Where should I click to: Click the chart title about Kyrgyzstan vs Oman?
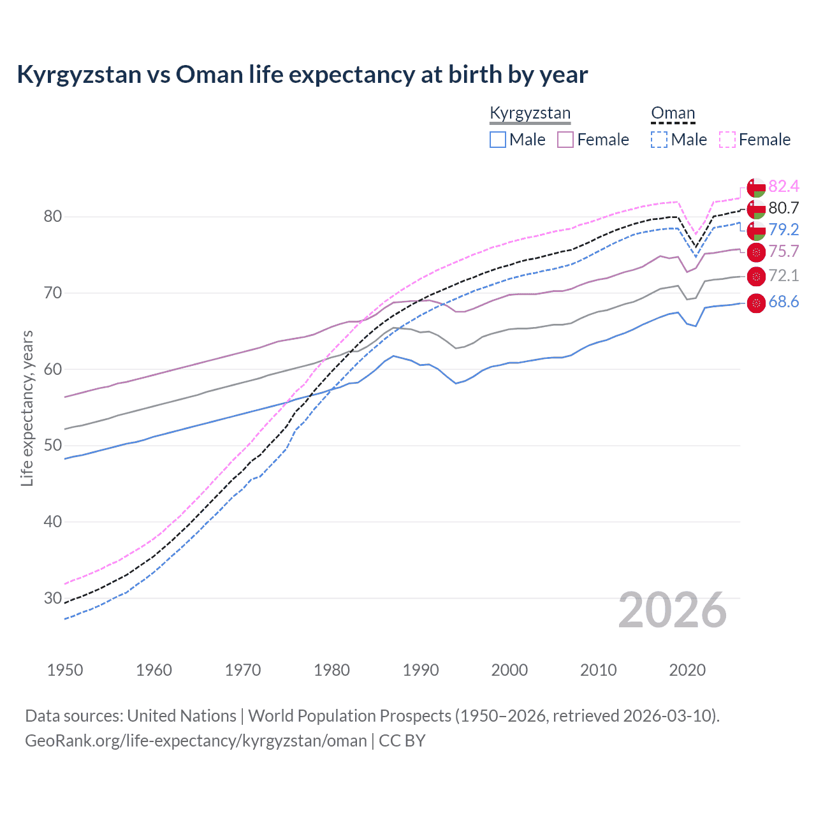(x=302, y=75)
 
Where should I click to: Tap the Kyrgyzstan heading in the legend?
(x=530, y=113)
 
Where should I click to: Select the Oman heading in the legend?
(x=673, y=113)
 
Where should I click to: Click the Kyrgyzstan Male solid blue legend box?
(x=498, y=140)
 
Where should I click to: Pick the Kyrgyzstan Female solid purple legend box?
(x=565, y=140)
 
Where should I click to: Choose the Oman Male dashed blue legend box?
(x=659, y=140)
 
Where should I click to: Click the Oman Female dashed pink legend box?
(x=727, y=140)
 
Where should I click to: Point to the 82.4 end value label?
(x=783, y=186)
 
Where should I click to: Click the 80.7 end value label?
(x=783, y=208)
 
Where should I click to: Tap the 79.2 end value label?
(x=783, y=229)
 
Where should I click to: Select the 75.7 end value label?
(x=783, y=251)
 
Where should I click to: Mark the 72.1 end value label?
(x=783, y=275)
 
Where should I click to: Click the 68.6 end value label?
(x=783, y=302)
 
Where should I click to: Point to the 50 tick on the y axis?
(x=53, y=446)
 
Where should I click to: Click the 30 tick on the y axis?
(x=53, y=598)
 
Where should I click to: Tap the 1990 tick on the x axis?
(x=421, y=670)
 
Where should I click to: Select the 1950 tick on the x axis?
(x=65, y=670)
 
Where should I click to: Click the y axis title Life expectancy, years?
(x=27, y=408)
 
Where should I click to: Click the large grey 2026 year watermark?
(x=673, y=610)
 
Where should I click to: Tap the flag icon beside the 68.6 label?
(x=756, y=303)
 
